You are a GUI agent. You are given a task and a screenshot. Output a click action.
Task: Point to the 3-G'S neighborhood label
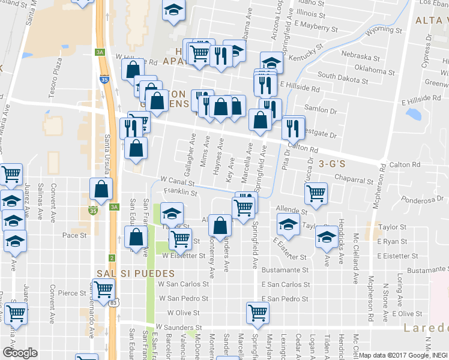(x=334, y=163)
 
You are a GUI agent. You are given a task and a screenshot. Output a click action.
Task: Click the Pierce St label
(x=72, y=293)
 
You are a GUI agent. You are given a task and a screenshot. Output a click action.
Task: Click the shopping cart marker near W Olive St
(x=258, y=311)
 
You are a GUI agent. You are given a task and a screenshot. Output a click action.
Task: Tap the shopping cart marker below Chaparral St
(x=316, y=193)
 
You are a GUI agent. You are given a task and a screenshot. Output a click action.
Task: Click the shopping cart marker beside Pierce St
(x=103, y=289)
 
